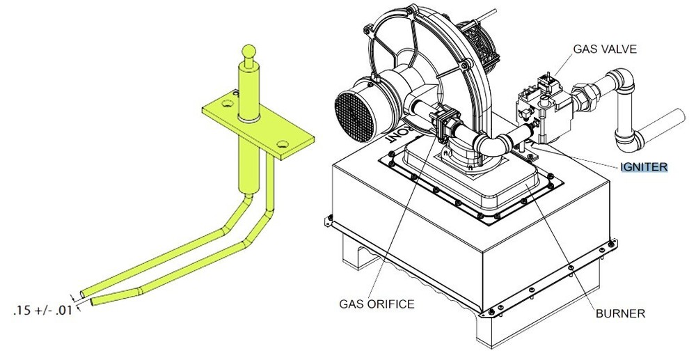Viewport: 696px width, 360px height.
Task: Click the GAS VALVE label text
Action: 605,50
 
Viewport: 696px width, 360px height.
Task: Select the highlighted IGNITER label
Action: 644,166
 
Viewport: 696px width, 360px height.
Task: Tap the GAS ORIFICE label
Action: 377,304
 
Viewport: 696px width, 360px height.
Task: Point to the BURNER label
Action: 620,313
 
